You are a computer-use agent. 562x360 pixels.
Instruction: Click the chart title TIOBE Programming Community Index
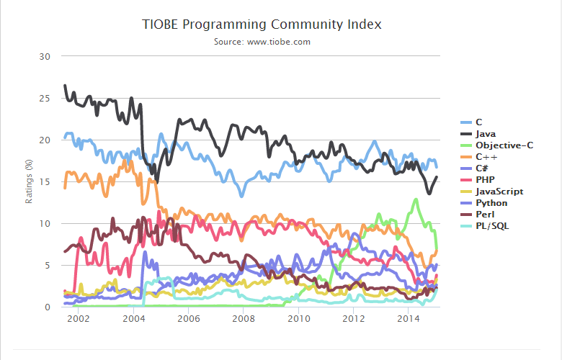(x=262, y=24)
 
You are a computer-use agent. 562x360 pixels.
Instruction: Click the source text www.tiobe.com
(x=262, y=42)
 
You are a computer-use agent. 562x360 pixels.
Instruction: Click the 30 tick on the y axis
(x=45, y=56)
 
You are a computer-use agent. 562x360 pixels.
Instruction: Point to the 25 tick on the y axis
(x=45, y=98)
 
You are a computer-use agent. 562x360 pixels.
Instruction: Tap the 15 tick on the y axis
(x=45, y=181)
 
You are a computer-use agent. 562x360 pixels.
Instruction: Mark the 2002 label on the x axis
(x=79, y=318)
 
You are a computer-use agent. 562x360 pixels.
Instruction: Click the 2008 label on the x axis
(x=244, y=318)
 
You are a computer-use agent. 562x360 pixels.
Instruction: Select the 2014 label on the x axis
(x=409, y=318)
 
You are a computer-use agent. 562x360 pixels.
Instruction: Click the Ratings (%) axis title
(x=30, y=181)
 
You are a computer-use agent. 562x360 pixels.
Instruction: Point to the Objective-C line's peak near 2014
(x=416, y=199)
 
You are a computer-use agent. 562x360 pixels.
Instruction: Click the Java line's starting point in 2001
(x=65, y=86)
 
